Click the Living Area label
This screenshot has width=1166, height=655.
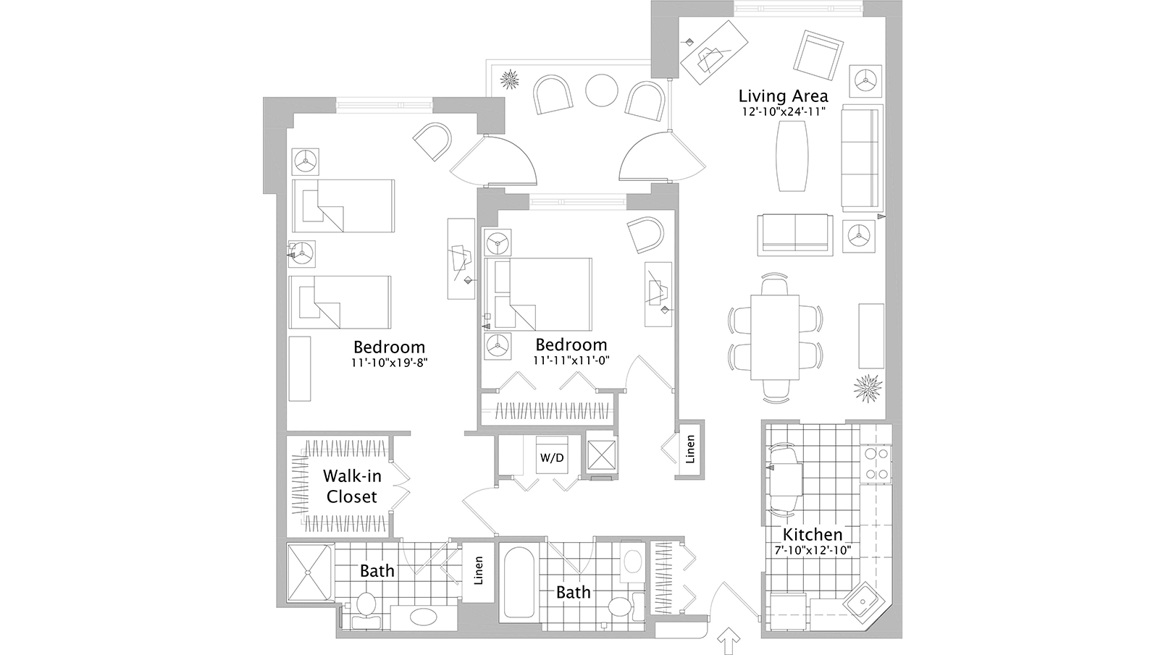[x=783, y=96]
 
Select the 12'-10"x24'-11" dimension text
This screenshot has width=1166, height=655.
[x=783, y=111]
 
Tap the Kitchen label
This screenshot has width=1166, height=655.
[x=812, y=535]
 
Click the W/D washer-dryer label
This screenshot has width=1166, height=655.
[x=552, y=457]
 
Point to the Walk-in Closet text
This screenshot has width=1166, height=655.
[x=351, y=486]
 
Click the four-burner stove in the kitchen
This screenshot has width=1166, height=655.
[x=876, y=463]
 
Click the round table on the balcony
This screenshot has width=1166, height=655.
[x=600, y=91]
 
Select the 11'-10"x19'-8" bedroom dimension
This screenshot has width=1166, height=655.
[x=389, y=364]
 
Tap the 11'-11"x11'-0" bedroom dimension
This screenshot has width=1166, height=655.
[x=571, y=360]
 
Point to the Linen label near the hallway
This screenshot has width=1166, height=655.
[x=690, y=449]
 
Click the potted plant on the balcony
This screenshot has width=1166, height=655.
[x=511, y=79]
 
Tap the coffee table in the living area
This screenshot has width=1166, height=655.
[x=792, y=156]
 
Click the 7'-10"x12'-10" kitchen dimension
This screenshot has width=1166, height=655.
[x=812, y=551]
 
